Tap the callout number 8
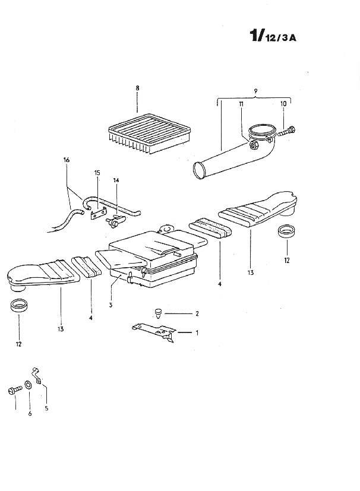137,88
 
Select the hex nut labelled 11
253,145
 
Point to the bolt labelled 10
286,131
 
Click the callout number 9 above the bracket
255,91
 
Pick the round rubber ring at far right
286,232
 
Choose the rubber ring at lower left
19,306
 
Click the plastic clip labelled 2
159,313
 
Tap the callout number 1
197,333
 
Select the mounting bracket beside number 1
154,332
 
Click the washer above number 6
27,385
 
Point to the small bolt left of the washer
14,390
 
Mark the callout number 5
46,408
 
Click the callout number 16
66,160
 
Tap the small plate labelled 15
97,214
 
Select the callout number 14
116,180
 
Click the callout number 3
110,305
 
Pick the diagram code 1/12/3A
273,36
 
